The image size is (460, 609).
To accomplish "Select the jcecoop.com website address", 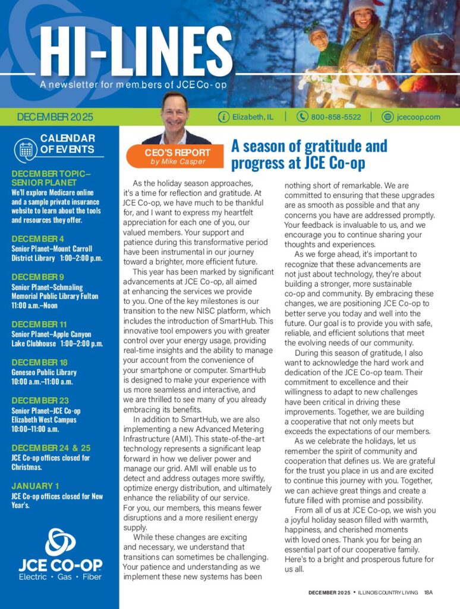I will tap(418, 117).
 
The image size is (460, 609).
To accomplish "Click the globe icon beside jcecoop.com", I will tap(388, 117).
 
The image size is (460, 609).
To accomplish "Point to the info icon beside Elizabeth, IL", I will tap(223, 117).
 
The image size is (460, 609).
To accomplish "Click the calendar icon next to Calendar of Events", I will tap(26, 149).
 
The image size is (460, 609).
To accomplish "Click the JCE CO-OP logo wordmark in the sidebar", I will tap(59, 564).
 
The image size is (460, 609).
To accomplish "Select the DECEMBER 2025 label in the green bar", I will tap(55, 117).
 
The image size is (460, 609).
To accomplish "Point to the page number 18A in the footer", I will tap(429, 592).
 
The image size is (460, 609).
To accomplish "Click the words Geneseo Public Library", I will tap(43, 373).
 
